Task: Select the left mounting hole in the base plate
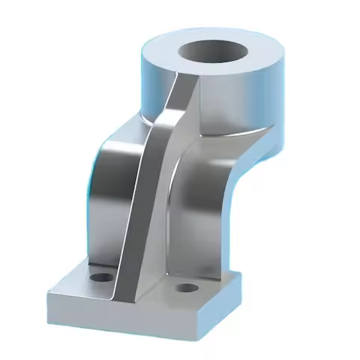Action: coord(98,277)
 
